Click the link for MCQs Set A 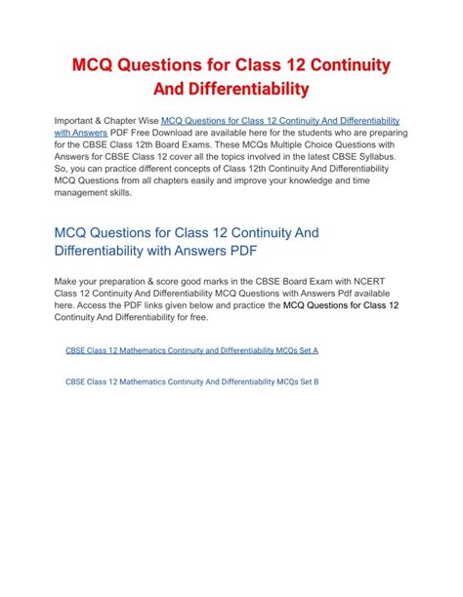pyautogui.click(x=191, y=349)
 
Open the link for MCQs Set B pyautogui.click(x=191, y=381)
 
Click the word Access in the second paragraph pyautogui.click(x=88, y=305)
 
